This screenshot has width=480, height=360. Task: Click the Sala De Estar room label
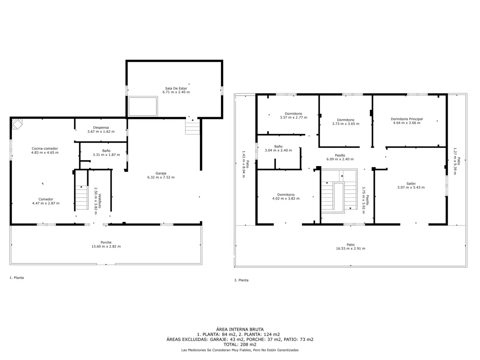point(176,88)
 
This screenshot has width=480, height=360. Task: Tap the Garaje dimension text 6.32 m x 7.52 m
point(161,177)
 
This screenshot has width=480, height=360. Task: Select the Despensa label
point(101,128)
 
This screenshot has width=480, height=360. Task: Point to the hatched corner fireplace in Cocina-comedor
point(17,124)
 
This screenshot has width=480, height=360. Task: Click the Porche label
point(106,242)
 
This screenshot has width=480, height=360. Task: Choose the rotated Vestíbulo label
point(100,201)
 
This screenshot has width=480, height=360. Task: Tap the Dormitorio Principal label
point(407,119)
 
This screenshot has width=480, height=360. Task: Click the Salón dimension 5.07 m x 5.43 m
point(411,187)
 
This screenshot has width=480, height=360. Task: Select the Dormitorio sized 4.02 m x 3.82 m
point(286,197)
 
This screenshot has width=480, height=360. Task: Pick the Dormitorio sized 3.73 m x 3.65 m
point(346,122)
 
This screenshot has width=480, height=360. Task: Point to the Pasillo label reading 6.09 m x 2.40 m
point(340,157)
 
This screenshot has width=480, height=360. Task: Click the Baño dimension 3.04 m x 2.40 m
point(278,150)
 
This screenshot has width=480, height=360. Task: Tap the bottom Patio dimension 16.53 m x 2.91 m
point(350,249)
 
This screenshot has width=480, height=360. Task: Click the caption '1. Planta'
point(17,278)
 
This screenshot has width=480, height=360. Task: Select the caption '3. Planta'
point(241,280)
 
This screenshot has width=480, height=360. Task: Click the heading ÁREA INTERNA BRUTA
point(240,329)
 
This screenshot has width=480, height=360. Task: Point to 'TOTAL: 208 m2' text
point(240,344)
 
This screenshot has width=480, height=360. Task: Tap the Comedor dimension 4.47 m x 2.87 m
point(46,203)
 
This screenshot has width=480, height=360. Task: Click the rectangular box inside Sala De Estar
point(143,106)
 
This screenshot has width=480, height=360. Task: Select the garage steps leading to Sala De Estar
point(192,128)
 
